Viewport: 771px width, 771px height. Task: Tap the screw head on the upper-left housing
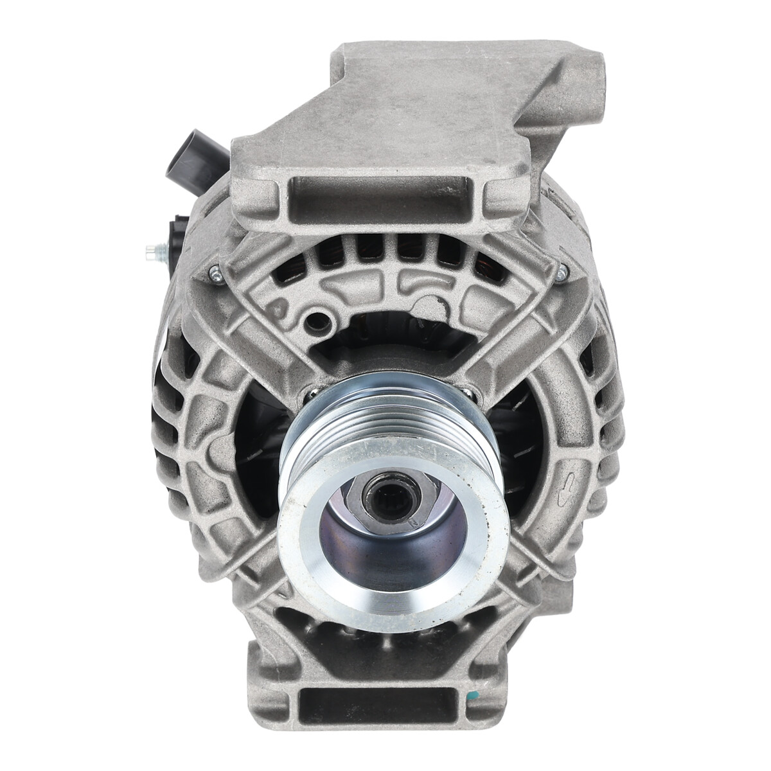tap(216, 275)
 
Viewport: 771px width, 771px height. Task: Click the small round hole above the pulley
tap(315, 320)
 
